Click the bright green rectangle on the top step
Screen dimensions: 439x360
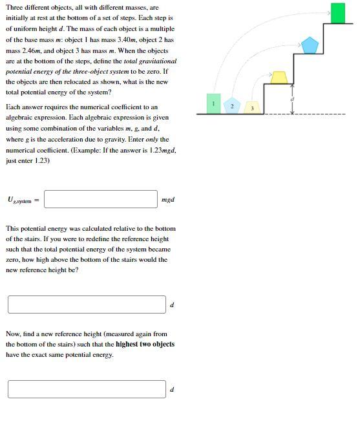coord(337,13)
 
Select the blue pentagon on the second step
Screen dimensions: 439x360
coord(310,45)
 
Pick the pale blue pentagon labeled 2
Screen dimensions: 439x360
coord(233,105)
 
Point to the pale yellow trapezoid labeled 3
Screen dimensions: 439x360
coord(253,107)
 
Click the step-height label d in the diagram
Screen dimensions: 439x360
coord(291,98)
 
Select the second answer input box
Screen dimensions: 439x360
coord(87,305)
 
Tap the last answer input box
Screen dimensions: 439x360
coord(87,389)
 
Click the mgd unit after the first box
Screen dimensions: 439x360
coord(167,200)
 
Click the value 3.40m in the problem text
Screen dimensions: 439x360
coord(131,39)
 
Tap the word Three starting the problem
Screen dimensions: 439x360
coord(14,8)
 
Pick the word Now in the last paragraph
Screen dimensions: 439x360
coord(13,334)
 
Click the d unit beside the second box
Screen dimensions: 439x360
coord(172,305)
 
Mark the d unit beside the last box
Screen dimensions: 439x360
coord(172,390)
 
